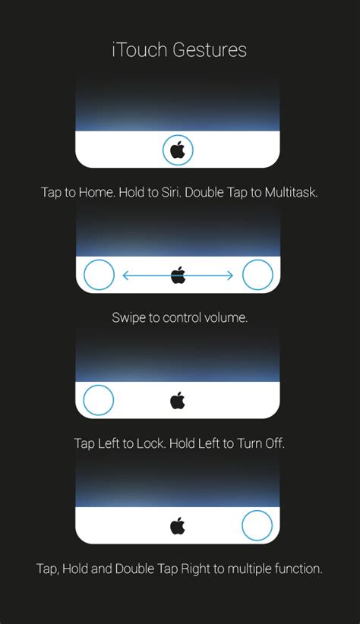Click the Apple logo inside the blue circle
click(178, 150)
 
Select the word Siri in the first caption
click(169, 192)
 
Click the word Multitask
click(291, 192)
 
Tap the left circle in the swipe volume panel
click(99, 275)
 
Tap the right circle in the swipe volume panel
click(257, 275)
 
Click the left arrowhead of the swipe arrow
click(125, 276)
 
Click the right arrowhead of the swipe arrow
click(230, 276)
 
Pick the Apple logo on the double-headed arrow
click(178, 275)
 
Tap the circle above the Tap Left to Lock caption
click(99, 400)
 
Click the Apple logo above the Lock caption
click(178, 400)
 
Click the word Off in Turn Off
click(274, 443)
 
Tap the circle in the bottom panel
click(257, 525)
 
